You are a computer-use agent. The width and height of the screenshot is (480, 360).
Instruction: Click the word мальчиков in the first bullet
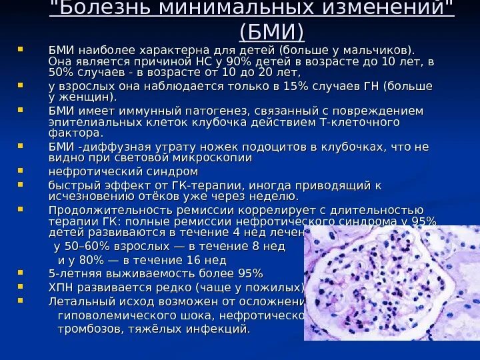pos(377,50)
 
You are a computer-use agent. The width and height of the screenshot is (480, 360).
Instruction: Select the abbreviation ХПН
pos(63,287)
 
